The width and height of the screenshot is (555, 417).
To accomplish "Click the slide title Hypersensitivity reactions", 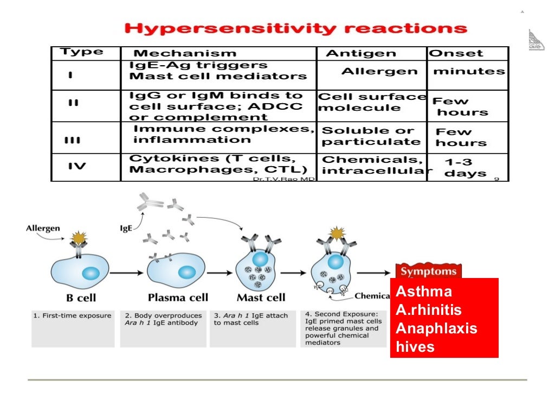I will [295, 29].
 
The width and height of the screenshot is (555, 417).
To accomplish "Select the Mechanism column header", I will [185, 53].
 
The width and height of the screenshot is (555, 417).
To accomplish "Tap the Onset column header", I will [456, 53].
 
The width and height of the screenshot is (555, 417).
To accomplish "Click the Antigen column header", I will [360, 53].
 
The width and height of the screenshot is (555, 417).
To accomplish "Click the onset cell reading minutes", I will [469, 71].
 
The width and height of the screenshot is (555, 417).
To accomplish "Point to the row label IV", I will [77, 166].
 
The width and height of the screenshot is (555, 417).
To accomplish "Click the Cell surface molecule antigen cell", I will [372, 102].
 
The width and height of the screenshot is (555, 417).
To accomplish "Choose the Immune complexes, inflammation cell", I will [223, 134].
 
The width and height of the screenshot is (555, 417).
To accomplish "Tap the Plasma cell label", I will [178, 298].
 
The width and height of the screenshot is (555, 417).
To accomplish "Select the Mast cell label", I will [261, 298].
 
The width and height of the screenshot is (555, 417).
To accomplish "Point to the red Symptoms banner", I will [428, 271].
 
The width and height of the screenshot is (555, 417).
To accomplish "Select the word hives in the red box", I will [415, 347].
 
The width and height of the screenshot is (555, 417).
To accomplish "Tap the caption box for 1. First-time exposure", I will [73, 328].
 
